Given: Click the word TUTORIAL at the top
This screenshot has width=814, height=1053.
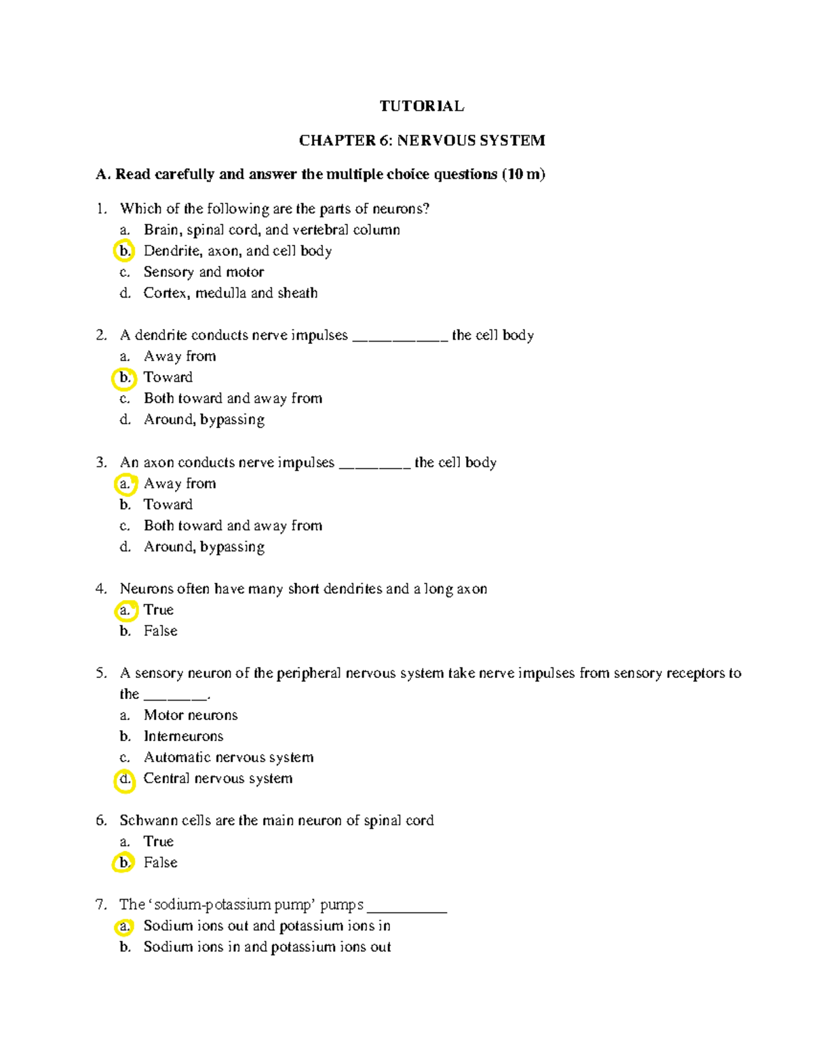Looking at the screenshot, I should (x=421, y=106).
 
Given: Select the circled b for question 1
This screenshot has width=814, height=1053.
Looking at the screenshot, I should (x=124, y=251).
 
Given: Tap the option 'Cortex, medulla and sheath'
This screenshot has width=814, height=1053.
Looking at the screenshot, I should (x=230, y=293).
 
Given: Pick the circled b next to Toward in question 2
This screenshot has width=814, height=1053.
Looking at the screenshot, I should (x=124, y=378).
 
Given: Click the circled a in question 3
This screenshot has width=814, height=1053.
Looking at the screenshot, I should (x=125, y=484).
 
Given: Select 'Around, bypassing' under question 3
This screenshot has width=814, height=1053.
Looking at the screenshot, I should (x=203, y=547).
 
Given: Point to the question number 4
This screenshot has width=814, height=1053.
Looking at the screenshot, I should (x=101, y=589).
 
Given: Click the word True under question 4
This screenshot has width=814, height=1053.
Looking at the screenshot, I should (x=159, y=610).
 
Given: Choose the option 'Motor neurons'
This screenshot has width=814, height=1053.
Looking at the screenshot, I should (x=191, y=715).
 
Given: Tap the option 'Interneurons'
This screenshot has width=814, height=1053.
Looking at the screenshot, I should (x=183, y=736).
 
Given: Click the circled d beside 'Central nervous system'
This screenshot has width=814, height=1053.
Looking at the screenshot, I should (x=125, y=779).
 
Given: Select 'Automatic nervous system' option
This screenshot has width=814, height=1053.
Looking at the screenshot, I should (x=229, y=757).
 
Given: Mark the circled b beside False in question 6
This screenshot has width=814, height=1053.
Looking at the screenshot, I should (x=123, y=862).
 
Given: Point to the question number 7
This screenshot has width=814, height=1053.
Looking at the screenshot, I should (x=101, y=905).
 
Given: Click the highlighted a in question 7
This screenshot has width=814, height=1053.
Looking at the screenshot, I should (x=123, y=926).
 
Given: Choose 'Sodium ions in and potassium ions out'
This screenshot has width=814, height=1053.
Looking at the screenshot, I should (x=267, y=947).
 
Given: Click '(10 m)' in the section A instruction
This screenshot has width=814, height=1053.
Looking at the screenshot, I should (x=523, y=174).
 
